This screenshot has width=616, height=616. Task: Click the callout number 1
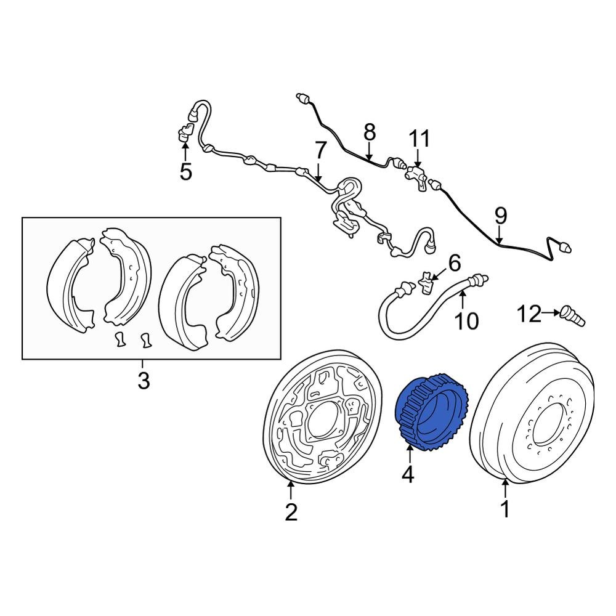(505, 510)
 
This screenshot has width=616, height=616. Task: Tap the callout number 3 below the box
(143, 381)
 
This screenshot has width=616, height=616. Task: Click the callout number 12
(528, 314)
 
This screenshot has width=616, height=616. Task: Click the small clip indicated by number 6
(425, 282)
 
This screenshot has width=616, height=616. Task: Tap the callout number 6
(454, 264)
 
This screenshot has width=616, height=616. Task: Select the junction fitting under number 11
(416, 174)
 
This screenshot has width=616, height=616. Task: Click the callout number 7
(320, 150)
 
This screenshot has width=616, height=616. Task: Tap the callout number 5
(186, 172)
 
